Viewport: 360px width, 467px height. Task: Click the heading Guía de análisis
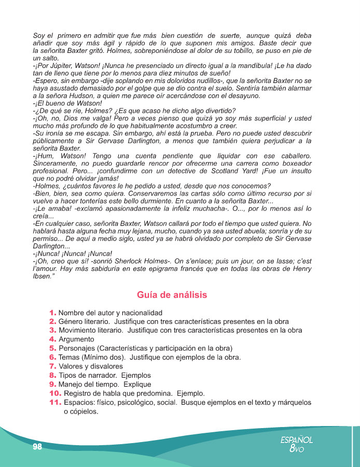tap(172, 295)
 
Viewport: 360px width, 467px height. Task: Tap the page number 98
tap(36, 447)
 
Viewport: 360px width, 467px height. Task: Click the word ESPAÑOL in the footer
tap(296, 439)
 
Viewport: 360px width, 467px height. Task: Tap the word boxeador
tap(295, 163)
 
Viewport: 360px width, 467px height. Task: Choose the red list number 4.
tap(53, 339)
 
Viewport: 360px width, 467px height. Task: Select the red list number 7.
tap(53, 366)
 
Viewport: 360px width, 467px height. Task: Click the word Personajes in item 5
tap(76, 348)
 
